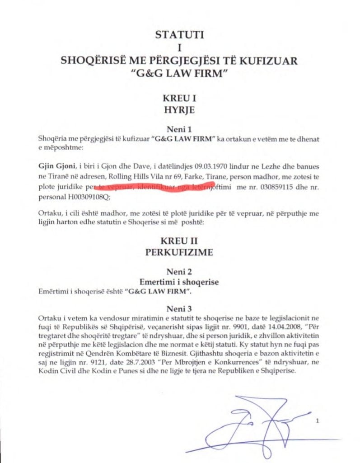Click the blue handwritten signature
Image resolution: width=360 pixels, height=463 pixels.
(253, 425)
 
